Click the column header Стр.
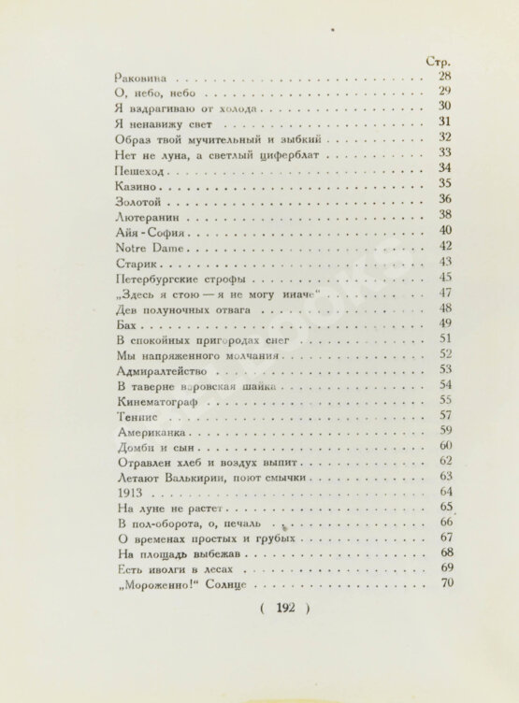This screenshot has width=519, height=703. click(x=439, y=62)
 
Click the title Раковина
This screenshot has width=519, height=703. click(x=139, y=79)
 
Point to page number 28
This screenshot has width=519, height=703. click(x=445, y=77)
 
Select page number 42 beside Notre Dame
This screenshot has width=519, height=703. click(x=445, y=247)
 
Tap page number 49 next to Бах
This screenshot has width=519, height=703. click(x=445, y=323)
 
